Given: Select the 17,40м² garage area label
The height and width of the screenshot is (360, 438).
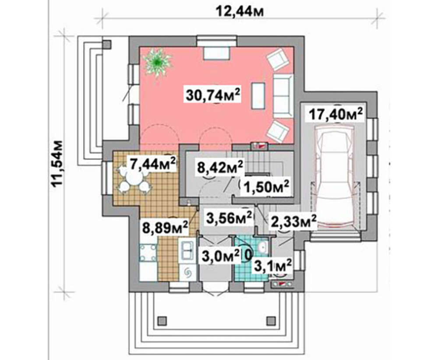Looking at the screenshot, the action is (336, 114).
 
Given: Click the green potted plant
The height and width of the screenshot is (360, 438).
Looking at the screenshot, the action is (157, 61).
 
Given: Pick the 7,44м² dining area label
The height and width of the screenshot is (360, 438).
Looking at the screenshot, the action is (152, 164).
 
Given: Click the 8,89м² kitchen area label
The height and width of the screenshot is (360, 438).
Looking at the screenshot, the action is (165, 227).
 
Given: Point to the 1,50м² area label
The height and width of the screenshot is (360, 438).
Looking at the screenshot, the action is (266, 186).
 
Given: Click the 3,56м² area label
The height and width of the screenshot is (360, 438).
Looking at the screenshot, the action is (229, 218).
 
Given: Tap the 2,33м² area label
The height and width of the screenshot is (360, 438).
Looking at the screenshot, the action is (293, 222).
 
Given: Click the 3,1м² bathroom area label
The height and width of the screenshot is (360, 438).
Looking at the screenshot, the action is (273, 265).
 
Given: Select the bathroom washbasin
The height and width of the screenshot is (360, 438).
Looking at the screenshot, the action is (262, 247).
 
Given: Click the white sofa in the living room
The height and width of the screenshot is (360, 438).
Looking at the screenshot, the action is (283, 95).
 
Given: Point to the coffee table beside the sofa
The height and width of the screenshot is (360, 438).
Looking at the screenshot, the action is (258, 95).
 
